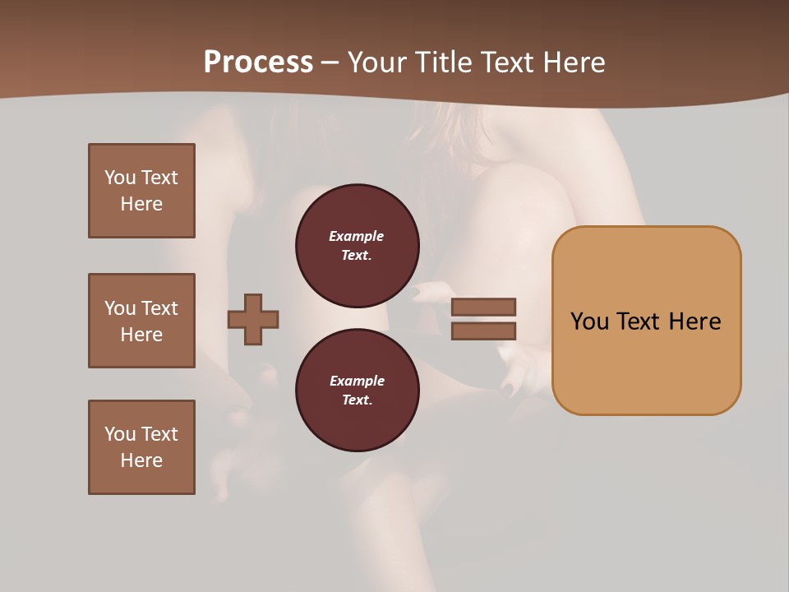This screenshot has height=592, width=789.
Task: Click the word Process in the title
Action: tap(258, 62)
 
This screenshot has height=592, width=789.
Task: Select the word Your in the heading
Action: tap(378, 62)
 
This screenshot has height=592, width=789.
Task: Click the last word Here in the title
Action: tap(574, 62)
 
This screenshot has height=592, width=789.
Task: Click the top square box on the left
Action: tap(141, 191)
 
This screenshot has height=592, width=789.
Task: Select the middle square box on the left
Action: tap(141, 321)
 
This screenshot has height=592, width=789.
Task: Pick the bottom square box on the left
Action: tap(141, 447)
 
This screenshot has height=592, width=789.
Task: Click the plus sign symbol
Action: tap(253, 319)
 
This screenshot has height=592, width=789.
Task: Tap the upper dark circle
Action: tap(357, 245)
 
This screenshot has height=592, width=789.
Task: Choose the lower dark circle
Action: tap(357, 390)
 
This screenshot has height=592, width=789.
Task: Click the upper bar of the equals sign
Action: tap(483, 308)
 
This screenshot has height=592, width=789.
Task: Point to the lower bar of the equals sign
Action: tap(483, 331)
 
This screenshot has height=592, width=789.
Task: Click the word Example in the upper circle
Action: tap(357, 236)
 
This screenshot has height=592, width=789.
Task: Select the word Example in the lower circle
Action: tap(357, 381)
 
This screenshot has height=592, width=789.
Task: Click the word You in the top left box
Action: tap(120, 178)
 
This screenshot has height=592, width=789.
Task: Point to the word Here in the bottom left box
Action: tap(141, 460)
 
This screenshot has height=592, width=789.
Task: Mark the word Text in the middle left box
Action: tap(159, 308)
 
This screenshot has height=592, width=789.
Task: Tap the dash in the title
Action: tap(330, 62)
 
